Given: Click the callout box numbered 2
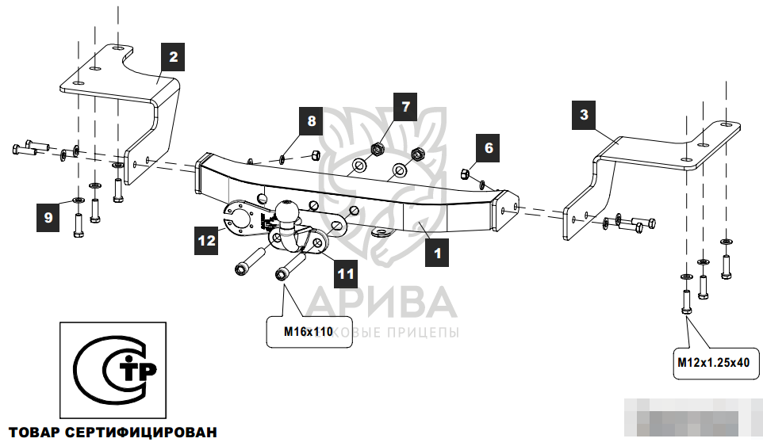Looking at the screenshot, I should click(172, 57).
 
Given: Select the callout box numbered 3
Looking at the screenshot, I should click(584, 115).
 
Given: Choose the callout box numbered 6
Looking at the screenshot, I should click(489, 147).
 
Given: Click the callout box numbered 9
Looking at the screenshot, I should click(48, 216).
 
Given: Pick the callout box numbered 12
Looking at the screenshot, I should click(207, 239).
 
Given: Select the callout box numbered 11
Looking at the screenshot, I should click(344, 274).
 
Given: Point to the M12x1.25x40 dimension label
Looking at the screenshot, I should click(713, 364).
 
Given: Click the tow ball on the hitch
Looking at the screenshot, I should click(286, 212).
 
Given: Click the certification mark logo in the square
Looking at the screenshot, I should click(113, 370).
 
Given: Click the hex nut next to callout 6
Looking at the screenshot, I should click(468, 173).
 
